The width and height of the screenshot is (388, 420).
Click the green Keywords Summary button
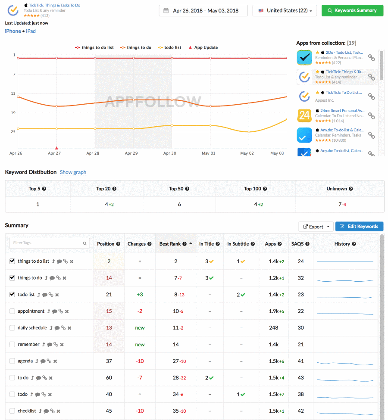click(352, 10)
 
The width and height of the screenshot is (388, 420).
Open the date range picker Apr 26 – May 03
click(203, 10)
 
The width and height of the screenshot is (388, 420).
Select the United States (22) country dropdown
click(285, 10)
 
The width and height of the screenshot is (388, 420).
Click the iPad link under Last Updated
click(31, 31)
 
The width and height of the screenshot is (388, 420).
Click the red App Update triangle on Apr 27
click(56, 148)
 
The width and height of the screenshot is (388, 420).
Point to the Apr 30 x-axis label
click(170, 153)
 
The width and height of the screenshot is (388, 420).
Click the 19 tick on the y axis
click(14, 113)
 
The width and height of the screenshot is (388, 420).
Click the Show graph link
click(73, 172)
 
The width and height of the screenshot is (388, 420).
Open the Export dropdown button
click(316, 227)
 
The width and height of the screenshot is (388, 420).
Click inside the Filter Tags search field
click(49, 243)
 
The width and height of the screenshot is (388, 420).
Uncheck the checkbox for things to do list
click(12, 261)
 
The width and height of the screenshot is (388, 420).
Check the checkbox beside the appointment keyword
click(12, 311)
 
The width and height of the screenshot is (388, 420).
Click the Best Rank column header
click(170, 244)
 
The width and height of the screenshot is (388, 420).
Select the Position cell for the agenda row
click(109, 361)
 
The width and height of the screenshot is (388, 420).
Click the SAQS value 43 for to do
click(301, 378)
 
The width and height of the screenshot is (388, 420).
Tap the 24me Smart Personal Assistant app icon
click(304, 115)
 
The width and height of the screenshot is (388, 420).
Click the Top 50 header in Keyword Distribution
click(179, 189)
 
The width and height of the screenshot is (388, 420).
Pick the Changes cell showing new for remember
click(140, 345)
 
